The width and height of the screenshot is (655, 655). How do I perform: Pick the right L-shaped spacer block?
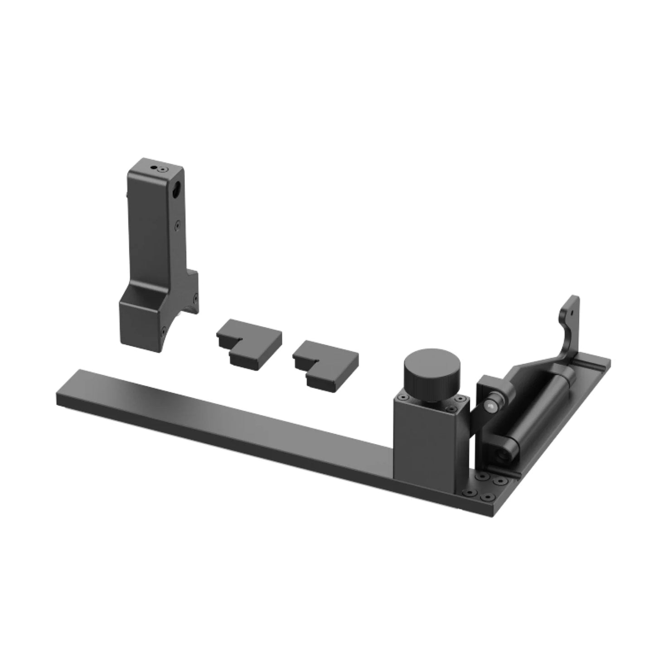click(325, 364)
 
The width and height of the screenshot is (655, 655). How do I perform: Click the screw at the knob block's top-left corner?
click(401, 398)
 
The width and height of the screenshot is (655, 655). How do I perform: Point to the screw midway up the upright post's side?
click(178, 224)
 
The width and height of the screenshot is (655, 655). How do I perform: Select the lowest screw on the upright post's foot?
click(164, 332)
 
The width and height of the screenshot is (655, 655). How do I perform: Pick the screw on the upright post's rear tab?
click(195, 298)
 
